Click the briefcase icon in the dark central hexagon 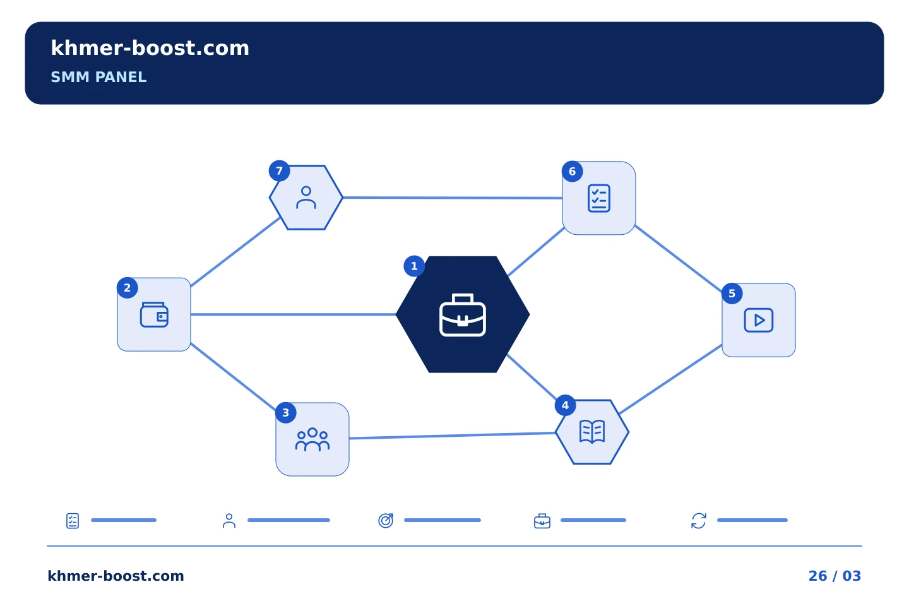tap(463, 315)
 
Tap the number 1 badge tap(414, 266)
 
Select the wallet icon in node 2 tap(154, 314)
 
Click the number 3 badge tap(286, 413)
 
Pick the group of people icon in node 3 tap(312, 439)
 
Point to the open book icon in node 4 tap(592, 432)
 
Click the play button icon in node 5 tap(759, 320)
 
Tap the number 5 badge tap(732, 294)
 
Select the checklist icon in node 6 tap(599, 198)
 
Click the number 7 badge tap(279, 171)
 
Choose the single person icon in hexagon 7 tap(306, 198)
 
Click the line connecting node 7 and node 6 tap(453, 198)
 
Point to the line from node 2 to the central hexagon tap(293, 314)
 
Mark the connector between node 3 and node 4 tap(452, 436)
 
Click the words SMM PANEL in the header tap(98, 77)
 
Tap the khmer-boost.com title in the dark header tap(150, 48)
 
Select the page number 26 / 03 tap(835, 576)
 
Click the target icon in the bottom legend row tap(386, 520)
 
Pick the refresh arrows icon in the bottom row tap(699, 521)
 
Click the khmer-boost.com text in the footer tap(116, 576)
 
